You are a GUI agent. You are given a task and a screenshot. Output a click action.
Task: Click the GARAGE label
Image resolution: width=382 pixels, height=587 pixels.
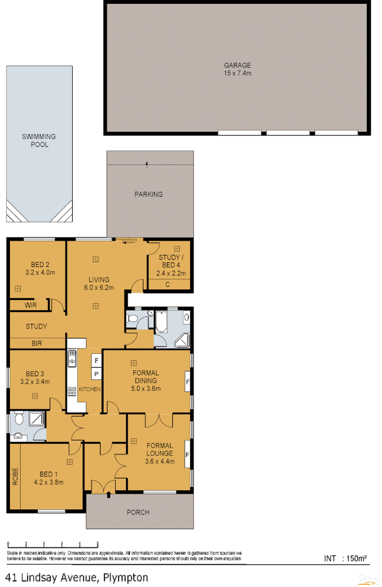coord(237,65)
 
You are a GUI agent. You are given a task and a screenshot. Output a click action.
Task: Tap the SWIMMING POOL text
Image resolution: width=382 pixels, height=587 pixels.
coord(39,141)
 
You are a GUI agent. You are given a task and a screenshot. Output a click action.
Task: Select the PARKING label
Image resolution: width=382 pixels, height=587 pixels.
coord(148,194)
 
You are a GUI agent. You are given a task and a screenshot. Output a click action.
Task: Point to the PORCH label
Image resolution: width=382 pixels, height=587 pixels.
coord(138,512)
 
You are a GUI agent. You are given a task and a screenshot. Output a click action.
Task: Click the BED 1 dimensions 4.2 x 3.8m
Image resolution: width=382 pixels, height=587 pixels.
coord(49,482)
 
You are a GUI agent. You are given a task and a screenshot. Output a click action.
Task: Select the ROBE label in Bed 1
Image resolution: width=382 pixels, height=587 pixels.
coord(15,476)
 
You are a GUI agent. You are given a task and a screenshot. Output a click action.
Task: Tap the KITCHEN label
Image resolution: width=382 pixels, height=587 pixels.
coord(89,390)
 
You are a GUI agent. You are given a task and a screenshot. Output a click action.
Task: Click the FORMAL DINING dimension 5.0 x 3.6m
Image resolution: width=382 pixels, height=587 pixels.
coord(146,389)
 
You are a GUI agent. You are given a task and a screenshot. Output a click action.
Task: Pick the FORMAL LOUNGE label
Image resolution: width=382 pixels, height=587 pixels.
coord(159,449)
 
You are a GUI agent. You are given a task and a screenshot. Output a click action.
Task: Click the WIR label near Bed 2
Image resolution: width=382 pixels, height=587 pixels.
coord(31,305)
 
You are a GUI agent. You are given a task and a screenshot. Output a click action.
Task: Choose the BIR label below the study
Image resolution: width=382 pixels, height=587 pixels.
coord(37,344)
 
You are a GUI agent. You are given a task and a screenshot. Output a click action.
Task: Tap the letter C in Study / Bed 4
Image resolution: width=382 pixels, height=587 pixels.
coord(168,284)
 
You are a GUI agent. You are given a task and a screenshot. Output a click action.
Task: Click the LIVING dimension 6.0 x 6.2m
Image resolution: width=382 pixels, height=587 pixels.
coord(99,288)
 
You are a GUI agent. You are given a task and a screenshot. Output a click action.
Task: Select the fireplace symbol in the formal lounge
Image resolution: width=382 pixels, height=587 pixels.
coord(187,453)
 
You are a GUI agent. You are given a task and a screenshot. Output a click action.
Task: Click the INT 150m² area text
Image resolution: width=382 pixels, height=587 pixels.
coord(346,558)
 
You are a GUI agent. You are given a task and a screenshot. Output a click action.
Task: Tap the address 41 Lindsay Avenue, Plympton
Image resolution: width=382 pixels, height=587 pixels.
coord(77,577)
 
